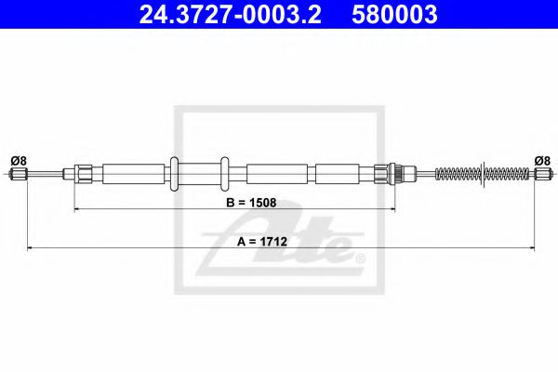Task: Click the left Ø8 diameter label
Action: (x=18, y=160)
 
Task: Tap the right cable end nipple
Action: (x=541, y=173)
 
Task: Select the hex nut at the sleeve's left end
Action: (x=82, y=173)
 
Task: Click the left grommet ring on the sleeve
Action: (x=173, y=173)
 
